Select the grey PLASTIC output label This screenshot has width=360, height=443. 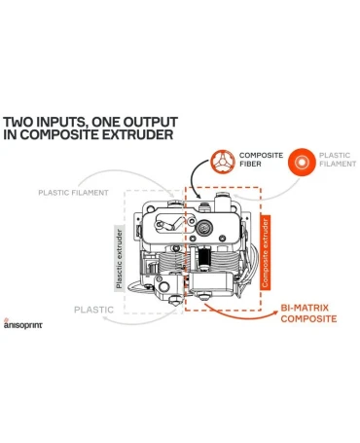pos(93,310)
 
